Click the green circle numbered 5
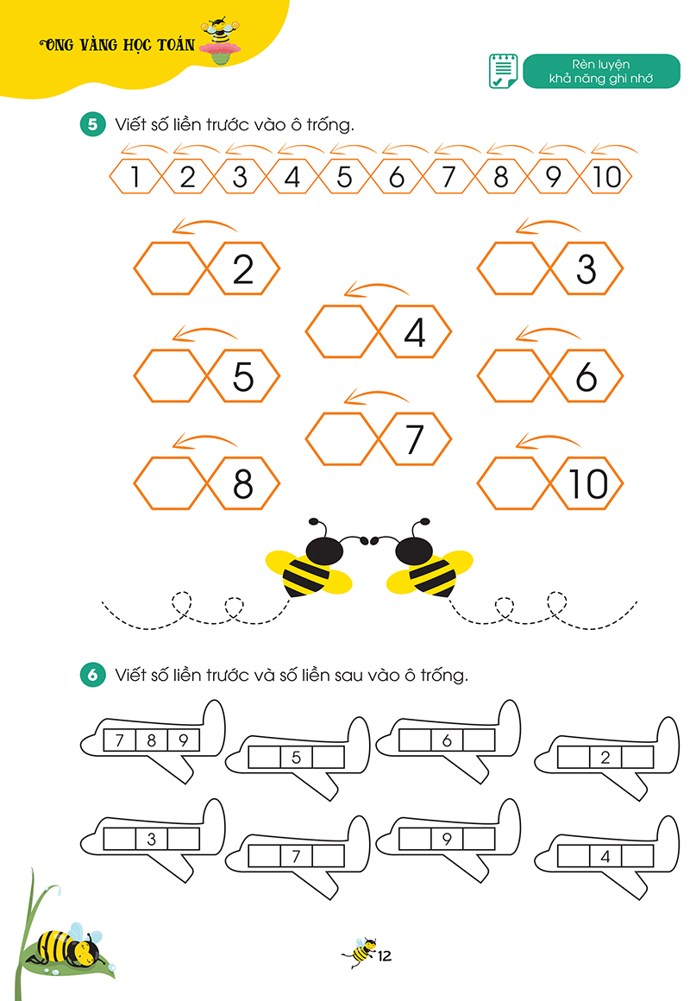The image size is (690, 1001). click(x=92, y=124)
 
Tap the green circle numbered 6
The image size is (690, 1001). click(x=92, y=675)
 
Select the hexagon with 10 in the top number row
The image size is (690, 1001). click(x=606, y=178)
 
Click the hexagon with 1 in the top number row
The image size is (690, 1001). click(x=135, y=178)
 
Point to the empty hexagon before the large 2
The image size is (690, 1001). click(x=170, y=269)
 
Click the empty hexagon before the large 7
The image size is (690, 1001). click(x=342, y=439)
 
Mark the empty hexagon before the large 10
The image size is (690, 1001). click(x=513, y=483)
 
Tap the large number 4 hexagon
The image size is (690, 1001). click(x=415, y=332)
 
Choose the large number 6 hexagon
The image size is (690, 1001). click(x=586, y=376)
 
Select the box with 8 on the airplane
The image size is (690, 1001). click(x=151, y=740)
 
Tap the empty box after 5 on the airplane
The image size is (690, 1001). click(x=328, y=758)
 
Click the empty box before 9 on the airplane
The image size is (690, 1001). click(x=415, y=838)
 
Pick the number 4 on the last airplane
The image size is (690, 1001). click(x=605, y=856)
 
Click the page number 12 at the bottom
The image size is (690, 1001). click(x=384, y=955)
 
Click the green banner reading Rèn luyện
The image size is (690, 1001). click(x=601, y=72)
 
